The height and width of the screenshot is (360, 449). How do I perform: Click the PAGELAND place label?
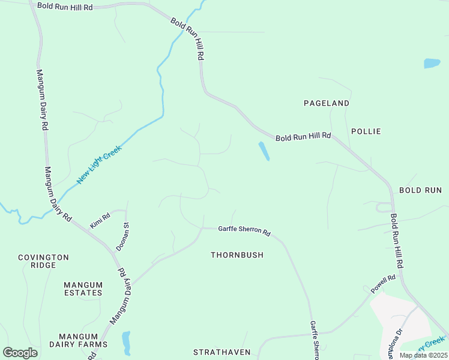point(327,103)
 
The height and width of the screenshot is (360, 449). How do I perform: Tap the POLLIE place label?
point(366,131)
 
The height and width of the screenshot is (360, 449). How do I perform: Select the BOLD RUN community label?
point(420,190)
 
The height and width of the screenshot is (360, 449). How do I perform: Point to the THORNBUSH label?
point(237,255)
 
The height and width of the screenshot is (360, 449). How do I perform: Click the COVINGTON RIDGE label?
point(43,261)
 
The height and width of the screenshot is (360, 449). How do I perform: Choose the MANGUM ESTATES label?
point(83,289)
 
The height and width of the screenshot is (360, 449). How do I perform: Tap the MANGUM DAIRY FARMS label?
point(82,340)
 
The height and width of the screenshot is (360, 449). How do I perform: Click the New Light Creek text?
point(99,164)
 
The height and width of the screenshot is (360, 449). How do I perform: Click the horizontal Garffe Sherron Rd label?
point(244,230)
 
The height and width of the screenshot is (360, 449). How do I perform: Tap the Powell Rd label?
point(383,284)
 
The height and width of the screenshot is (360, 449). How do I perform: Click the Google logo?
point(20,353)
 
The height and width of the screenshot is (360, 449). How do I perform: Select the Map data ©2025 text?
point(423,355)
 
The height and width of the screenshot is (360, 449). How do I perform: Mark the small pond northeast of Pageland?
point(432,63)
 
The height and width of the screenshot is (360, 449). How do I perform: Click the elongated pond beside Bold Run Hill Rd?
point(264,151)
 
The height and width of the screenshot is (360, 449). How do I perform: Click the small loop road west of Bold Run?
point(382,208)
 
